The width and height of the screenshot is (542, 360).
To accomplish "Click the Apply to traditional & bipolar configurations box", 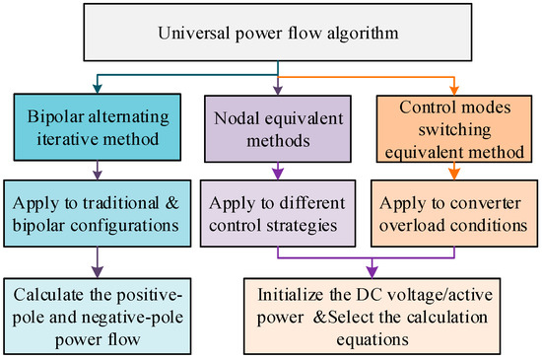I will point(97,221).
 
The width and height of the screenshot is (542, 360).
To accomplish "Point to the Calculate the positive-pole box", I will point(97,313).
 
